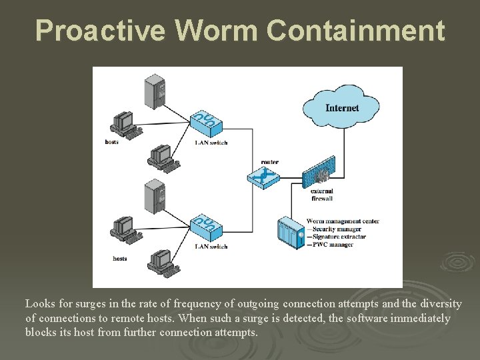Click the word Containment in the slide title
(356, 31)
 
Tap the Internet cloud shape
(341, 107)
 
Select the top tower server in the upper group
(154, 91)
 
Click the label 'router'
(270, 162)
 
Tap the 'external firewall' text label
(321, 194)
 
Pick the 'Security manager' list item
(335, 229)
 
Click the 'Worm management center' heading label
(342, 221)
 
